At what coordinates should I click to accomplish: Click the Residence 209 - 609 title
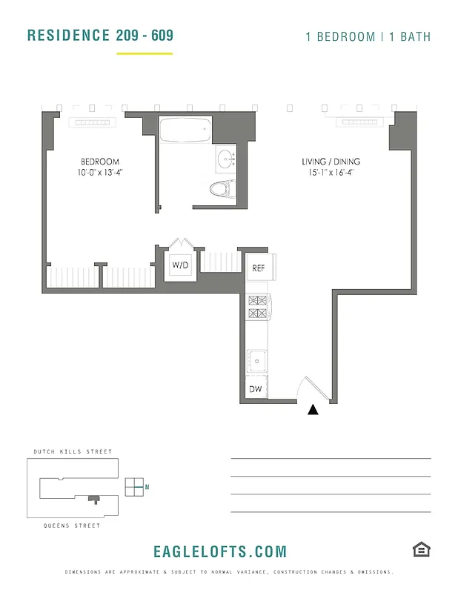100,36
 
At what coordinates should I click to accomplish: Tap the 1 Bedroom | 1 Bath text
368,36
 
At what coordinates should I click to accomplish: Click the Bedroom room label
100,162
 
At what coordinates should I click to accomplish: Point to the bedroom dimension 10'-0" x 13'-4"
100,173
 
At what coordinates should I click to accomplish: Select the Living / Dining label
331,162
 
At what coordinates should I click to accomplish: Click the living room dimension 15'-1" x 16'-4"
331,173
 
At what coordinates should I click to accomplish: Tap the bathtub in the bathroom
185,130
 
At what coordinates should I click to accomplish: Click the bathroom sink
225,159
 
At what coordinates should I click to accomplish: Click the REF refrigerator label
259,268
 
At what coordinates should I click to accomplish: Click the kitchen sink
257,361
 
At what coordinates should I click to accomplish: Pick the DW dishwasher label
256,389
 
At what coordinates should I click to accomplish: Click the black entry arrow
313,408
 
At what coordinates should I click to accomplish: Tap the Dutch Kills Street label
73,451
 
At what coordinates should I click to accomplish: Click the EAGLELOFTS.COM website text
219,551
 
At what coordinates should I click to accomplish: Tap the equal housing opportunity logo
422,549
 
